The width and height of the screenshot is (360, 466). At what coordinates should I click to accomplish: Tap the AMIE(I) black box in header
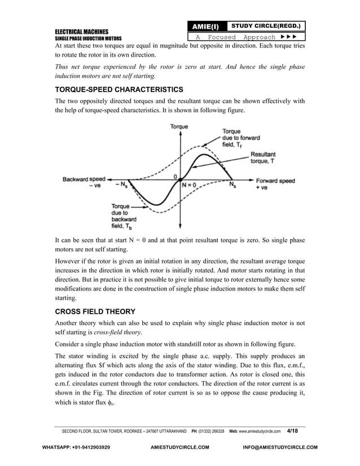(207, 27)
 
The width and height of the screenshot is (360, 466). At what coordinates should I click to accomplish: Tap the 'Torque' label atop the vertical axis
(179, 127)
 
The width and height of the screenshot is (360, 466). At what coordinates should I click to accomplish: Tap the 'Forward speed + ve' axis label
(275, 184)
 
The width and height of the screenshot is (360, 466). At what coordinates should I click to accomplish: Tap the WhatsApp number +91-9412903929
(77, 447)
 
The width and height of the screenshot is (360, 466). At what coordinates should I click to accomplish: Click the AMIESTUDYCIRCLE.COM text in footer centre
(179, 447)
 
